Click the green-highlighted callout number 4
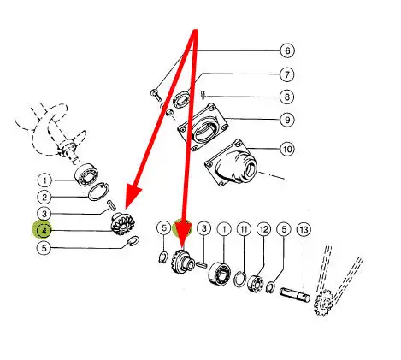click(44, 230)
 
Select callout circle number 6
click(287, 50)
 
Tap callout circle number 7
click(286, 74)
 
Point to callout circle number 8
click(286, 97)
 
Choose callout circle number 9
click(287, 120)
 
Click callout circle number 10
click(287, 149)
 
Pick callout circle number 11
click(244, 229)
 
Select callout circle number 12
click(263, 229)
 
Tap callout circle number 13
click(304, 229)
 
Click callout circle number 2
click(44, 198)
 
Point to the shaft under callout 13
click(295, 294)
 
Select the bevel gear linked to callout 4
click(122, 224)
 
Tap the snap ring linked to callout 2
click(98, 192)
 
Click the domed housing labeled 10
click(232, 162)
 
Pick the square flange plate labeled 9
click(203, 127)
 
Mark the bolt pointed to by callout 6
click(156, 95)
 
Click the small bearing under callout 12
click(256, 282)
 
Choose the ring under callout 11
click(239, 280)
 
